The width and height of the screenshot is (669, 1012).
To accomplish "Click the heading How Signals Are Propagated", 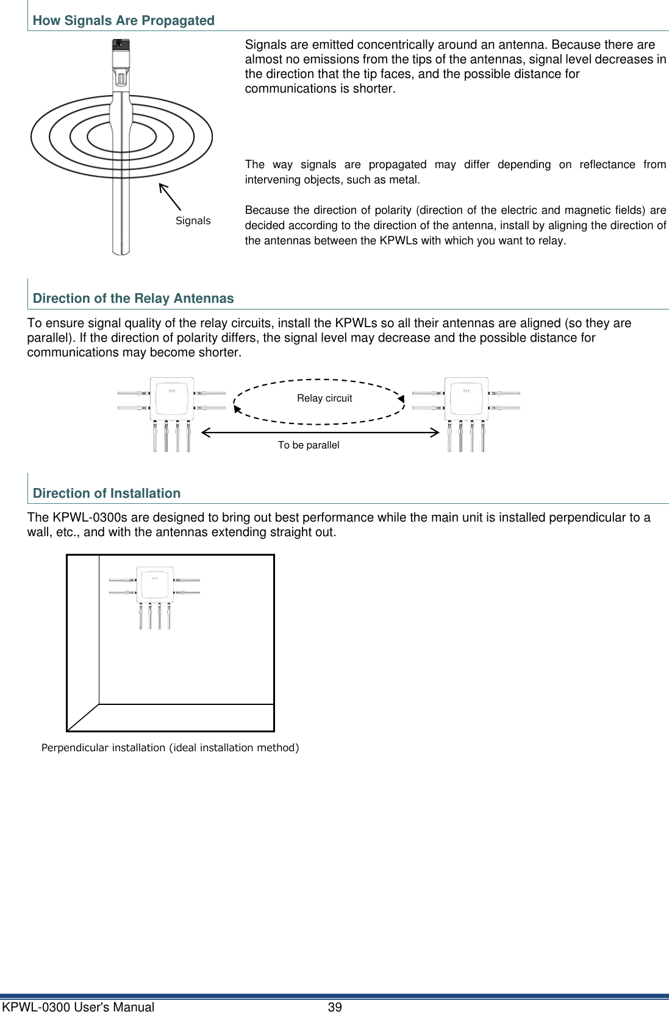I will (x=123, y=21).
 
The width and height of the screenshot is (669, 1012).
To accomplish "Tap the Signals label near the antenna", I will (x=193, y=221).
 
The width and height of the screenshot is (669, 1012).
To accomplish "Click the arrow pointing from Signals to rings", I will (x=170, y=196).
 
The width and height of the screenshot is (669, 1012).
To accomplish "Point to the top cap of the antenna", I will (x=121, y=45).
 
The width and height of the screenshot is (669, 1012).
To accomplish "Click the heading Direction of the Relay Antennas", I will (x=133, y=299).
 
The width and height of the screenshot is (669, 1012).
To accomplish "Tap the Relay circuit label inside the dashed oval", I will (x=324, y=398).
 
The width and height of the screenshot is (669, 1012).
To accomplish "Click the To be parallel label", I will (x=309, y=445).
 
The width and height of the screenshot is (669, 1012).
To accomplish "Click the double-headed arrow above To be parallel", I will (x=320, y=433).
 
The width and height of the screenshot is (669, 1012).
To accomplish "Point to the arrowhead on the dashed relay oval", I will (x=401, y=399).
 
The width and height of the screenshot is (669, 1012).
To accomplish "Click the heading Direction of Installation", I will (x=107, y=494).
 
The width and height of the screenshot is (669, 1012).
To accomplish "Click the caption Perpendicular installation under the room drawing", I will (x=170, y=748).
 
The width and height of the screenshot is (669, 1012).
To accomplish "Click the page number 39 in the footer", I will (x=335, y=1007).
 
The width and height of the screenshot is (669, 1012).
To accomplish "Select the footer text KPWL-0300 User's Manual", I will (x=78, y=1007).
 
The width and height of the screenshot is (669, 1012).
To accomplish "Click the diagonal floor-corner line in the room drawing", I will (x=84, y=717).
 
